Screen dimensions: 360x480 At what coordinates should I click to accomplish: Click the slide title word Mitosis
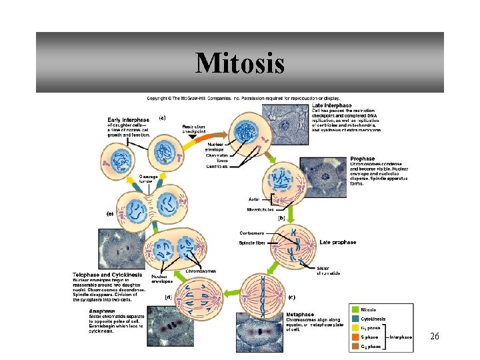[240, 64]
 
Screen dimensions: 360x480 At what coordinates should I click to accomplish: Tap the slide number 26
[434, 337]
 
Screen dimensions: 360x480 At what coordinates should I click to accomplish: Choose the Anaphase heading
[101, 310]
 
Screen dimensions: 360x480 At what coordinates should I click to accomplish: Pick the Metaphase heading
[301, 314]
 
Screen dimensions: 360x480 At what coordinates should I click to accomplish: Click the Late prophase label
[338, 242]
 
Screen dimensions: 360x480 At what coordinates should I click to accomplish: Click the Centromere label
[252, 233]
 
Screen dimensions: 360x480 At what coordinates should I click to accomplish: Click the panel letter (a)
[162, 117]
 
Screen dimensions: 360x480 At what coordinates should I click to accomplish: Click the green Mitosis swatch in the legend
[355, 309]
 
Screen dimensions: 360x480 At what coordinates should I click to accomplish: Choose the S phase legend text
[370, 337]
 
